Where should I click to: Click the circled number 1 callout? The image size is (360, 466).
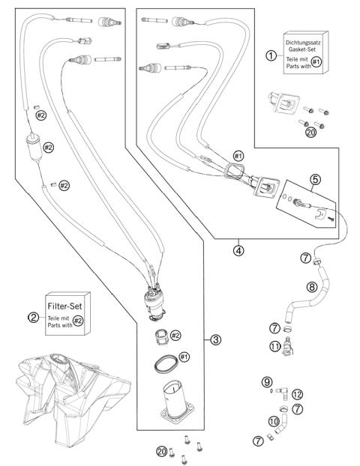pos(271,55)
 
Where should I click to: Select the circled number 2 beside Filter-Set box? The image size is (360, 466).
pos(33,317)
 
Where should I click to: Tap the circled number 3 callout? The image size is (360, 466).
pos(215,339)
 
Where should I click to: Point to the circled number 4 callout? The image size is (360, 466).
pos(238,250)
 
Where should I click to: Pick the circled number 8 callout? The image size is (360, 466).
pos(311,287)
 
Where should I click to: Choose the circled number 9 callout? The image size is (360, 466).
pos(267,382)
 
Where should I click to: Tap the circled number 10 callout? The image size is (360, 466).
pos(274,421)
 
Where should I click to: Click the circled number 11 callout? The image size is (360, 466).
pos(275,346)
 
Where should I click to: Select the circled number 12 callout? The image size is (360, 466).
pos(297,394)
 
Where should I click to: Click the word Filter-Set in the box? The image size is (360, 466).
pos(64,306)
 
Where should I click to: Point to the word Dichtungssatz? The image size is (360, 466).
pos(303,43)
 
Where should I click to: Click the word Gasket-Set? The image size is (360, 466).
pos(302,49)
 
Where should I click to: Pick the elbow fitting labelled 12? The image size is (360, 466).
pos(281,393)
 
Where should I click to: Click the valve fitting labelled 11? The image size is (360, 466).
pos(288,346)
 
